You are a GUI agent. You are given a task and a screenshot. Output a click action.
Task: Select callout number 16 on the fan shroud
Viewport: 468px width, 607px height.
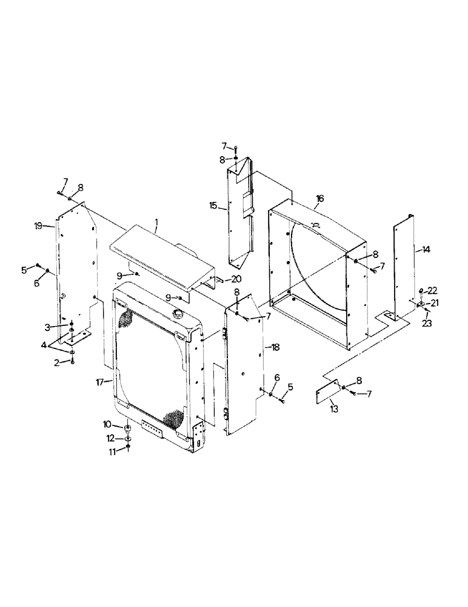point(319,198)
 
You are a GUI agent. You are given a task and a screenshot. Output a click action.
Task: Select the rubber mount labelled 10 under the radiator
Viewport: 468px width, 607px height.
point(128,430)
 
